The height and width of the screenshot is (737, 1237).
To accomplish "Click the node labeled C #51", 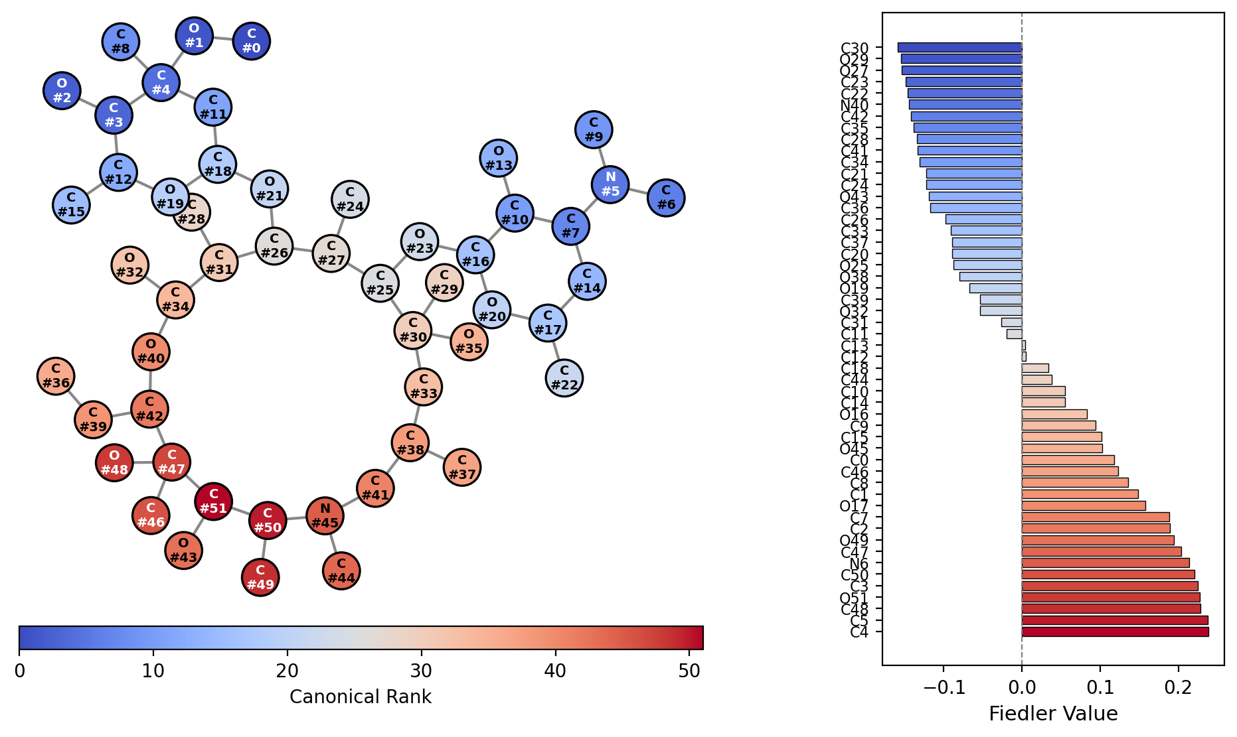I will pos(213,502).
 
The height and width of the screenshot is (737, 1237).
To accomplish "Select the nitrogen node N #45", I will pos(325,515).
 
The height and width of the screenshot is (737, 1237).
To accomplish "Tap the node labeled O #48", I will pos(114,462).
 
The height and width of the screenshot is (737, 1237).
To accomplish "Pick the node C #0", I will pos(251,41).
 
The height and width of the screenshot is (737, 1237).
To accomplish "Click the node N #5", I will pos(610,184).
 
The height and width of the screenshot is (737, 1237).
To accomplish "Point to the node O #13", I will pos(498,158).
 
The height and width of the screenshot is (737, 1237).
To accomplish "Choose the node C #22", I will pos(564,377).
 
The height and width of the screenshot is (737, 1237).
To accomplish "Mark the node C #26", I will pos(274,245).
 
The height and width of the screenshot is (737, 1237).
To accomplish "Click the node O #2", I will pos(62,90).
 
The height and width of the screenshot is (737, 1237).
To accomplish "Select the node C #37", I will pos(461,467).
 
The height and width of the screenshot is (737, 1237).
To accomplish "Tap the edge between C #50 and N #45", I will pos(296,518).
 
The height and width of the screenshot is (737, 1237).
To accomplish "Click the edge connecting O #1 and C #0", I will pos(223,38).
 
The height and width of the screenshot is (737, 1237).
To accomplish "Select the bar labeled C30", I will pos(959,48).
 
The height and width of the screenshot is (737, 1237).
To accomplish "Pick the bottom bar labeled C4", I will pos(1114,632).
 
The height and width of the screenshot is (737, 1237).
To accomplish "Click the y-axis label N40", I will pos(854,105).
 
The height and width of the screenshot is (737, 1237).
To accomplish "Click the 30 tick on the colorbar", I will pos(421,671).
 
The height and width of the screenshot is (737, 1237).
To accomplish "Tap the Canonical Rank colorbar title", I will pos(360,697).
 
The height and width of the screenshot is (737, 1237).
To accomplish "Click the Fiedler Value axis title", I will pos(1052,714).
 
